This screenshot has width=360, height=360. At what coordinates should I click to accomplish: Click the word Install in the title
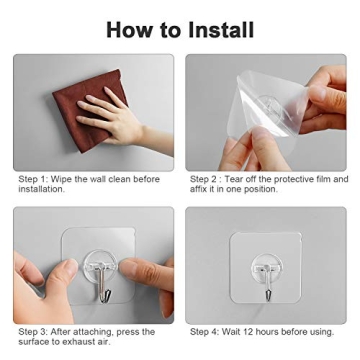click(221, 29)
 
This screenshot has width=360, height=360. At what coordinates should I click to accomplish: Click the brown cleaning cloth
click(90, 110)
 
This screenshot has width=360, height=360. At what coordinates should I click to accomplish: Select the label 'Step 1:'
click(33, 180)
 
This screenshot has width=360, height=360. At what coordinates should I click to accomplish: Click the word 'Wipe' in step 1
click(61, 179)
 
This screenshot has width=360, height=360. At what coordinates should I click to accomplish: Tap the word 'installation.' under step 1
click(41, 189)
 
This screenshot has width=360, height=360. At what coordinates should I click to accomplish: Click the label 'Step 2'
click(204, 179)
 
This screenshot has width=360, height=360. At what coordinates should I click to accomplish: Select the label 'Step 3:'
click(33, 332)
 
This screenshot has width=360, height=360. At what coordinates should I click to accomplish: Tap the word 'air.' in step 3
click(103, 342)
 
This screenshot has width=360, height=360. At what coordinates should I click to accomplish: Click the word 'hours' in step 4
click(266, 332)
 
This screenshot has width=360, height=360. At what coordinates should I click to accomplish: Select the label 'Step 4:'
click(205, 332)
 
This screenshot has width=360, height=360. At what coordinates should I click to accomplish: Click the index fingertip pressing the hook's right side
click(127, 266)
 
